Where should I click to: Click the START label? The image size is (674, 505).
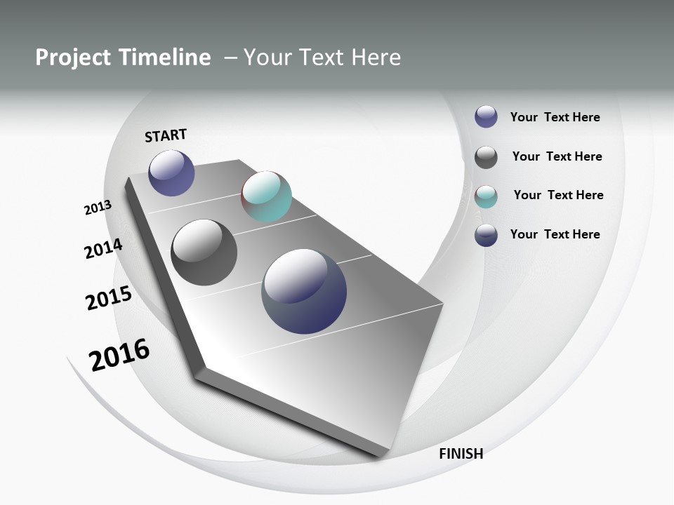[x=166, y=135]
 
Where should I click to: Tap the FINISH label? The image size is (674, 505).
[x=461, y=454]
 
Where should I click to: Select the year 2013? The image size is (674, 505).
[x=98, y=208]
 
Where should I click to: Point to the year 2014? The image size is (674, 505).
[x=103, y=248]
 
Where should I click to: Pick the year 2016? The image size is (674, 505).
[x=119, y=355]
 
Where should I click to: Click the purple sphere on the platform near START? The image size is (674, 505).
[x=171, y=173]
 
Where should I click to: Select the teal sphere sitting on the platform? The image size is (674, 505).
[x=266, y=196]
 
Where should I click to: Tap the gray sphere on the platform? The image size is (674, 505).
[x=204, y=252]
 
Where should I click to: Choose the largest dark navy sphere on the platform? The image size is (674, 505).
[x=304, y=291]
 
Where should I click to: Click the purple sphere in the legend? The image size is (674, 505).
[x=486, y=116]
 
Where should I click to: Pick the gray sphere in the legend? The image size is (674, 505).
[x=486, y=157]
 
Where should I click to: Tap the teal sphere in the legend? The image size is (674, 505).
[x=486, y=196]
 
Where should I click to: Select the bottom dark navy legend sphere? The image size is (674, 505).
[x=486, y=235]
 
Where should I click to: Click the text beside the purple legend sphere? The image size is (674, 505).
[x=555, y=118]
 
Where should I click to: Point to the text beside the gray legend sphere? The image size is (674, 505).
[x=557, y=156]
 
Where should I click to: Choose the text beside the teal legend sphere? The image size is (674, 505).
[x=558, y=195]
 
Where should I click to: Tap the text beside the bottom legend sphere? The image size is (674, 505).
[x=555, y=234]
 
